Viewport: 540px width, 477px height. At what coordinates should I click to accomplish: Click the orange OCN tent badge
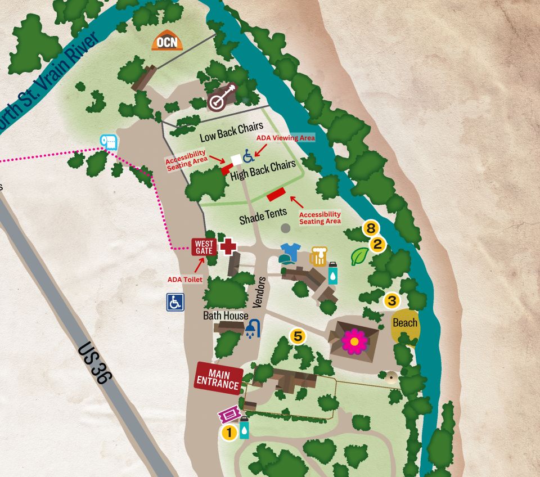coord(167,42)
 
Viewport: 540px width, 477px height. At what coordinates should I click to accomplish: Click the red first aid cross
coord(227,246)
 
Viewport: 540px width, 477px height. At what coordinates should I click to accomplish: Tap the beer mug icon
coord(318,256)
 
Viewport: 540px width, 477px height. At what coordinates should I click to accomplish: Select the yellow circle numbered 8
coord(370,228)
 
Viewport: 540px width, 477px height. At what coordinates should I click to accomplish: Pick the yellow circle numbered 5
coord(298,336)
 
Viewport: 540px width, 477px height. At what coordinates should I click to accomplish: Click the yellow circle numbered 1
coord(229,433)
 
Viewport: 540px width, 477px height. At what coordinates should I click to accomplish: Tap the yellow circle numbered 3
coord(391,300)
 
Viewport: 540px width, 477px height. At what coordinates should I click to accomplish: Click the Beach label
coord(405,323)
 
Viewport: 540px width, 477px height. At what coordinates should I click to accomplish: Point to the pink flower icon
coord(354,341)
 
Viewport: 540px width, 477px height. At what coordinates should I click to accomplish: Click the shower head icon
coord(253,328)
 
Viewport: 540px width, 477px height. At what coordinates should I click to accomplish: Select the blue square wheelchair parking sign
coord(175,302)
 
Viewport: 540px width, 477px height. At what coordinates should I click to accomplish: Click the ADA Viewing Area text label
coord(285,137)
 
